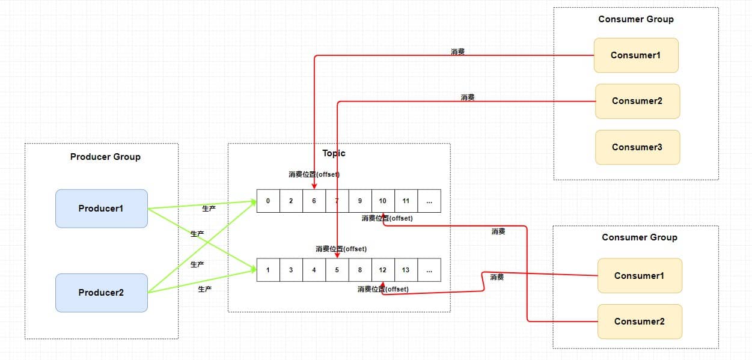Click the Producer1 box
pyautogui.click(x=101, y=209)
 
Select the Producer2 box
pyautogui.click(x=101, y=293)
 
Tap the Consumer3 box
pyautogui.click(x=637, y=147)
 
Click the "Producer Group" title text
pyautogui.click(x=105, y=157)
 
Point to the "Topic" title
pyautogui.click(x=334, y=153)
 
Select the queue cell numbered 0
pyautogui.click(x=268, y=201)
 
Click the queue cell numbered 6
pyautogui.click(x=314, y=201)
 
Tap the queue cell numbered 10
pyautogui.click(x=383, y=201)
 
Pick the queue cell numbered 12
pyautogui.click(x=383, y=270)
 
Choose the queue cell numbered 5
pyautogui.click(x=337, y=270)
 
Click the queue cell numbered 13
pyautogui.click(x=406, y=270)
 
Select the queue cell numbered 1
pyautogui.click(x=268, y=270)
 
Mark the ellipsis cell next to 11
pyautogui.click(x=429, y=201)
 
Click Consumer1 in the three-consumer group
pyautogui.click(x=636, y=55)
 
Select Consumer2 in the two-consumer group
pyautogui.click(x=640, y=322)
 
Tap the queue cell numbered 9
pyautogui.click(x=359, y=201)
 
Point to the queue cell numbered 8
pyautogui.click(x=359, y=270)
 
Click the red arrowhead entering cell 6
pyautogui.click(x=314, y=186)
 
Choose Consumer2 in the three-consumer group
pyautogui.click(x=637, y=101)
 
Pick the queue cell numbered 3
pyautogui.click(x=291, y=270)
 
